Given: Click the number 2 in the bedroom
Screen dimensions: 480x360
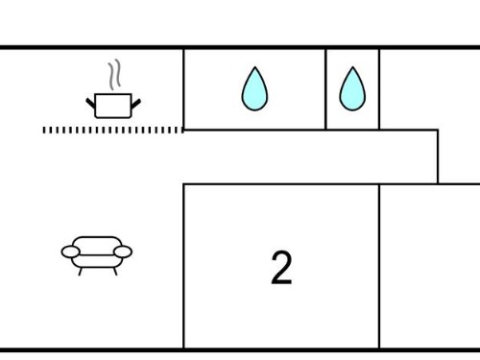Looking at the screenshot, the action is (x=281, y=268).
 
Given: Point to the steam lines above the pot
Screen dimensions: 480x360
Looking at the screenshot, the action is (x=114, y=75).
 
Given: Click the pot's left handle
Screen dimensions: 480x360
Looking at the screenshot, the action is (x=91, y=104).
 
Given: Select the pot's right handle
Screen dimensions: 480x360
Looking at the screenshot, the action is (x=135, y=104).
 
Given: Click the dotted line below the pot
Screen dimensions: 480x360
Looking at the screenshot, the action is (x=113, y=130).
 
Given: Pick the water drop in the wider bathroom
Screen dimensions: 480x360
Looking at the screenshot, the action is (x=254, y=88).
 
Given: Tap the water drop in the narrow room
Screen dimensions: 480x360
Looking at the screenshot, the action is (x=352, y=88).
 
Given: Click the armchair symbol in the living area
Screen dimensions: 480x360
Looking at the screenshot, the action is (x=97, y=255).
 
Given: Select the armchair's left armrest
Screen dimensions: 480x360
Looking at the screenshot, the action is (x=70, y=252).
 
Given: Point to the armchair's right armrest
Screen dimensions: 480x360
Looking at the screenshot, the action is (x=123, y=252).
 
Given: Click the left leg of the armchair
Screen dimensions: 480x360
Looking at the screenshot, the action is (x=81, y=272).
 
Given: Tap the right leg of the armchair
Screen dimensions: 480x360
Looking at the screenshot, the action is (x=115, y=272).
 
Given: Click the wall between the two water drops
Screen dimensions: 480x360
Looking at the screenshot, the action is (x=325, y=89).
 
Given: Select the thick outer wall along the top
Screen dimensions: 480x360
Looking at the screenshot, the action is (x=240, y=47).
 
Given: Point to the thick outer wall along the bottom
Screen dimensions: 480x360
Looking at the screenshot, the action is (x=240, y=350).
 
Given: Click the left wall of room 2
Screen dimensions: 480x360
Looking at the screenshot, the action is (x=183, y=266).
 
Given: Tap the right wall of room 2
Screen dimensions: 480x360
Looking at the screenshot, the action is (x=379, y=266).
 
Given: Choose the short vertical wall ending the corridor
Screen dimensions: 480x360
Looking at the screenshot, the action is (x=438, y=156).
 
